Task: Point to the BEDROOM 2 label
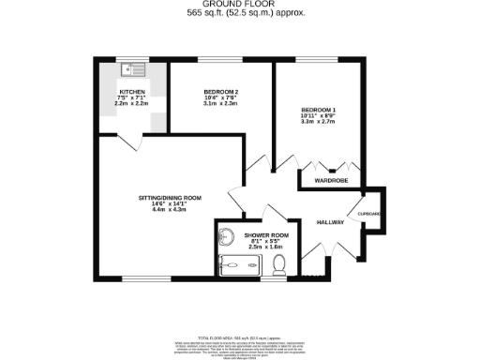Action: (221, 91)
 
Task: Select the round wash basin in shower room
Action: (228, 235)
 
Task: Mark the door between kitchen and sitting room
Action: (134, 141)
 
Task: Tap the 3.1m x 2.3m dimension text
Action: (221, 104)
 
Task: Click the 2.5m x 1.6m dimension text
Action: (265, 248)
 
